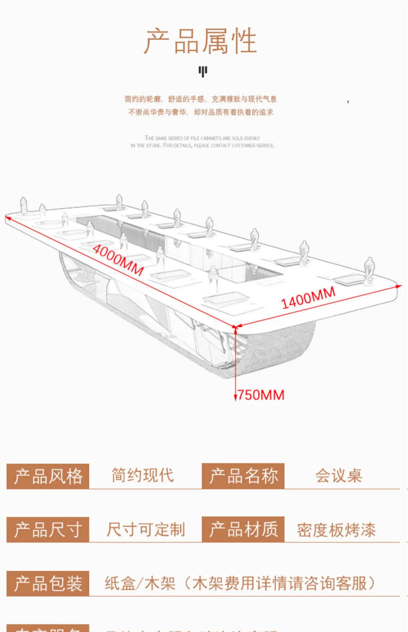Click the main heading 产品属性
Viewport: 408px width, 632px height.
point(200,41)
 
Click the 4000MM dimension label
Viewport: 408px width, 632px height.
point(118,260)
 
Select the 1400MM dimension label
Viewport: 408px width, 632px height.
point(308,298)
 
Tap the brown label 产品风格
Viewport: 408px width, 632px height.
point(48,476)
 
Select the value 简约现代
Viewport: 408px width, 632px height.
point(143,476)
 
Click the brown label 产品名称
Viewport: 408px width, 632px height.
point(243,476)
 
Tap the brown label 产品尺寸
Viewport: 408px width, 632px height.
point(48,530)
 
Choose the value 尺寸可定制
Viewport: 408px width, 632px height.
point(146,530)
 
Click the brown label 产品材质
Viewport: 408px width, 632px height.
point(243,529)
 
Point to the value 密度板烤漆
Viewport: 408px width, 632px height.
point(336,530)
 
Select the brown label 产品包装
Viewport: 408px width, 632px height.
point(48,584)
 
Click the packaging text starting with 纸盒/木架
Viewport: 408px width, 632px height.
point(239,584)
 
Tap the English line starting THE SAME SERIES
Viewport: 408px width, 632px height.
point(202,138)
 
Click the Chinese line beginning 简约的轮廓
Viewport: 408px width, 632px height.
point(200,99)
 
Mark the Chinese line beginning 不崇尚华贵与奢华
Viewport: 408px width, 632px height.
point(200,112)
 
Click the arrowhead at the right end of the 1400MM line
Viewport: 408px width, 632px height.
point(399,286)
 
